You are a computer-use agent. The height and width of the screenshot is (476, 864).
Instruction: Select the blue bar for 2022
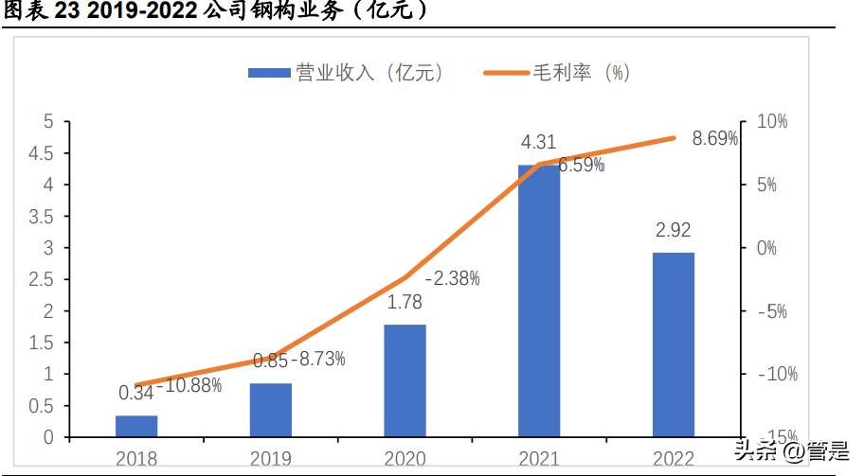[x=674, y=344]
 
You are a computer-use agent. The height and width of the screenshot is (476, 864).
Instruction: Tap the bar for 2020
[x=405, y=380]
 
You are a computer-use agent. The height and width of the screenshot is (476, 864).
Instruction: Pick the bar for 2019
[x=271, y=410]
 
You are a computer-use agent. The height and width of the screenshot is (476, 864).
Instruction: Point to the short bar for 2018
[x=136, y=426]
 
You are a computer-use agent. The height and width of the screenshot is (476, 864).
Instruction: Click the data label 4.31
[x=539, y=143]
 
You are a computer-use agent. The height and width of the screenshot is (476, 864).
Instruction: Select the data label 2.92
[x=674, y=231]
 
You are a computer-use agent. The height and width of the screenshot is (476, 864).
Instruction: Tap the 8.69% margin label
[x=715, y=139]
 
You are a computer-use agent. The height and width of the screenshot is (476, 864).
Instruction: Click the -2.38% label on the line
[x=452, y=278]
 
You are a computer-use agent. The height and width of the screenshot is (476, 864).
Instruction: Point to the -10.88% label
[x=189, y=385]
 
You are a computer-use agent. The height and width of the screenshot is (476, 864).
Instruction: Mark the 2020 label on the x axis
[x=405, y=459]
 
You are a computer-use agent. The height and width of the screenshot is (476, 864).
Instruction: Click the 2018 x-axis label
[x=136, y=459]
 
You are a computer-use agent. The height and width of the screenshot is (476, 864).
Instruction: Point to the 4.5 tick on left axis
[x=42, y=153]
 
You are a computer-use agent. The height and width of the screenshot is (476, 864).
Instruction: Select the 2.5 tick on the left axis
[x=42, y=279]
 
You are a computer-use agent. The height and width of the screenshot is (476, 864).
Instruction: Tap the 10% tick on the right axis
[x=772, y=122]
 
